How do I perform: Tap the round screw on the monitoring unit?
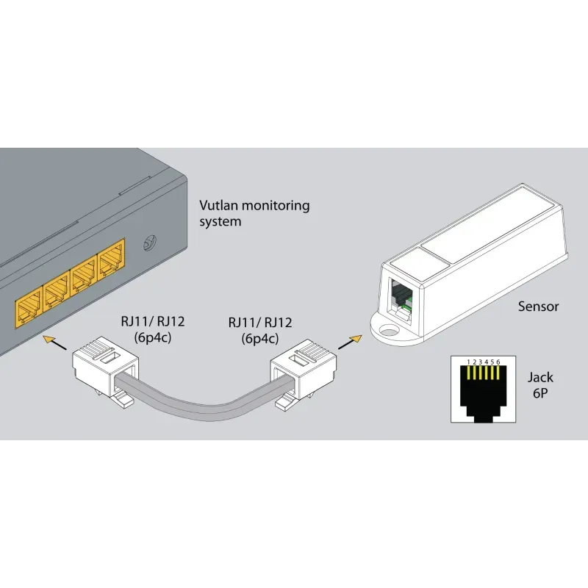(x=151, y=241)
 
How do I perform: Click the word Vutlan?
(x=219, y=206)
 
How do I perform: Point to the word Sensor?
(x=538, y=306)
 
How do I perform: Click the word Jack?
(x=540, y=378)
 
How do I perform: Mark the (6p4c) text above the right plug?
(x=260, y=339)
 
